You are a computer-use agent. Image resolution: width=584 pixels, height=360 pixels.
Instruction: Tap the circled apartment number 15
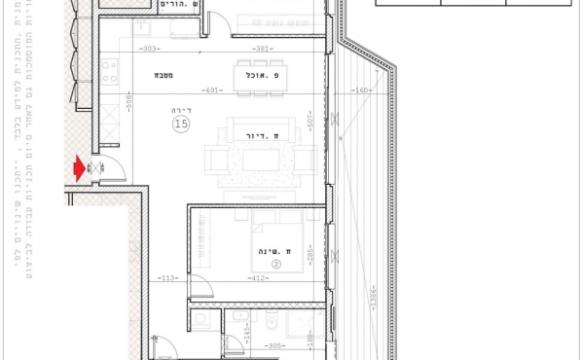click(x=181, y=124)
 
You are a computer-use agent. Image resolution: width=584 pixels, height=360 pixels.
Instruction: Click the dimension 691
click(x=214, y=90)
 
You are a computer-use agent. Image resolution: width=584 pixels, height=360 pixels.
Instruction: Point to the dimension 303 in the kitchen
click(x=149, y=48)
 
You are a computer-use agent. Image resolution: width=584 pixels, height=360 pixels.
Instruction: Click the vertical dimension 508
click(x=128, y=97)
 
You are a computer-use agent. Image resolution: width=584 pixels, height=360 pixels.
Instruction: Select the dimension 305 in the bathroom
click(x=274, y=345)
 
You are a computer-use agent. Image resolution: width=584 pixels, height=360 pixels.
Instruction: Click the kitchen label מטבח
click(x=162, y=75)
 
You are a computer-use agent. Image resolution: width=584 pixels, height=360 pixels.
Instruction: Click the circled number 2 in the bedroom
click(x=275, y=264)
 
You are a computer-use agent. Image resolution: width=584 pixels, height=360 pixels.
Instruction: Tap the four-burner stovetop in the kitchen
click(x=109, y=72)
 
